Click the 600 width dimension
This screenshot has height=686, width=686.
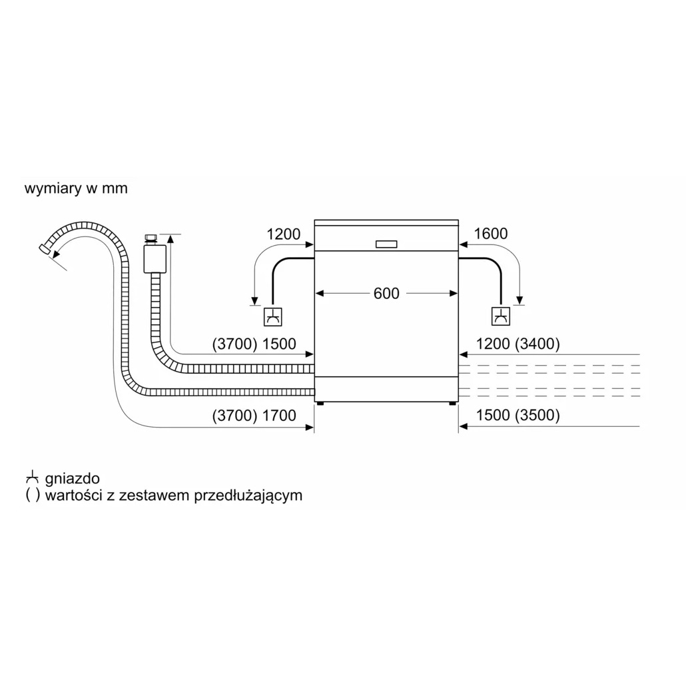click(x=386, y=293)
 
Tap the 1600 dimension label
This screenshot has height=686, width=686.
click(x=491, y=234)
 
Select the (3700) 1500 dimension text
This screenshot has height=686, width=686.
click(x=254, y=344)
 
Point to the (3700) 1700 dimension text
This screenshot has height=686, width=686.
click(x=254, y=415)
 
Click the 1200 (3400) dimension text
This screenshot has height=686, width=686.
click(x=518, y=344)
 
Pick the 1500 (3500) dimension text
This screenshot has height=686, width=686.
click(x=518, y=415)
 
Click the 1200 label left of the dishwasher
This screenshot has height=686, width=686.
click(x=284, y=234)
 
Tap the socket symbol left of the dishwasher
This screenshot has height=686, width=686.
click(x=272, y=317)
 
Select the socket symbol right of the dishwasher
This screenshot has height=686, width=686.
click(x=500, y=316)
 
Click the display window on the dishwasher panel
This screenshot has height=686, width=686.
click(x=386, y=244)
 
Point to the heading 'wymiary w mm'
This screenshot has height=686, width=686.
click(x=76, y=188)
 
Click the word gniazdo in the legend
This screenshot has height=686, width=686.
click(x=72, y=478)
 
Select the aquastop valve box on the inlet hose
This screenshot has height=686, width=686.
click(x=155, y=258)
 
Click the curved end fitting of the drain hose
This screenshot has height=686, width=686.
click(x=44, y=248)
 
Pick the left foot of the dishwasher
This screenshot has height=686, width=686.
click(x=320, y=404)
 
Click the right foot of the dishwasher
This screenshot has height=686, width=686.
click(x=452, y=404)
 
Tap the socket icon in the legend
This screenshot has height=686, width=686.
click(x=33, y=478)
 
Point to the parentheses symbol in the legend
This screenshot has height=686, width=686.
click(x=33, y=496)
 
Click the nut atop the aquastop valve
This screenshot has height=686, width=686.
click(x=151, y=239)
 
